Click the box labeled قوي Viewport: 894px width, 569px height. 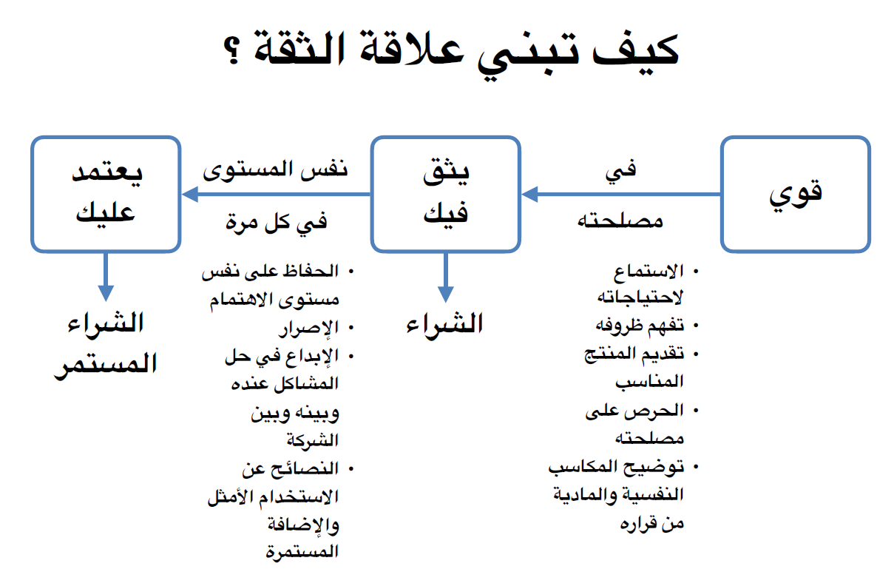coord(795,194)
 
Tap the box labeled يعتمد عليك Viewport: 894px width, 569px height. coord(106,194)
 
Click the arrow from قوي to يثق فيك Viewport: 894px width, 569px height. coord(621,195)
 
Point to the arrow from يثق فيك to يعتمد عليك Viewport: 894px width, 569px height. coord(277,195)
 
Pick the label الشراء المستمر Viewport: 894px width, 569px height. coord(106,345)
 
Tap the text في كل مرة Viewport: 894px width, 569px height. coord(276,221)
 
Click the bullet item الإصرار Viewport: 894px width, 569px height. coord(309,326)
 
